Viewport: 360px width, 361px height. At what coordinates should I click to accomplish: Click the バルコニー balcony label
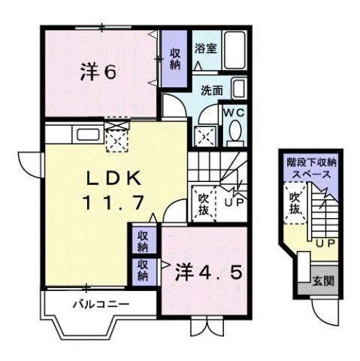100,305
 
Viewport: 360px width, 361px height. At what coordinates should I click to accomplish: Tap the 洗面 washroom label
211,90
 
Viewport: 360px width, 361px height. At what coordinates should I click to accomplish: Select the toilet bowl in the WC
234,132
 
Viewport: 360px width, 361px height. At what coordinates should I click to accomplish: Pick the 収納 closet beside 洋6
174,58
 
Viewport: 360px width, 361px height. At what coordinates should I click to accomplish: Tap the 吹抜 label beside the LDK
203,204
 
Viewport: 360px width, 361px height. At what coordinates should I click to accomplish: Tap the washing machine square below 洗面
205,136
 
